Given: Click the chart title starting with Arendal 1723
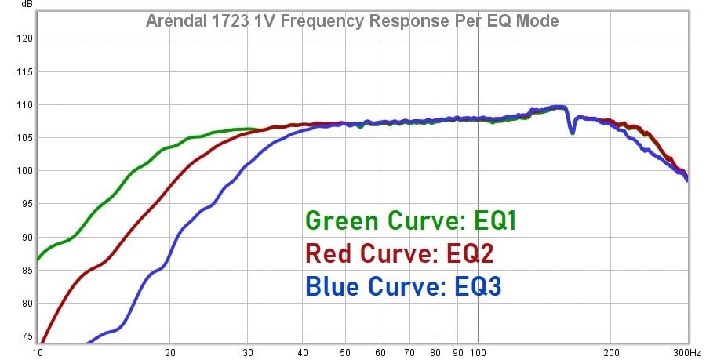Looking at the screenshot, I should pos(352,20).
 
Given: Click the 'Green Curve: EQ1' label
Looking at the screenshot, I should pos(410,221).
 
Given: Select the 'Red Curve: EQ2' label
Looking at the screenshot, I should pos(399,254).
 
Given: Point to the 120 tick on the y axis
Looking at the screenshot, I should pos(24,38).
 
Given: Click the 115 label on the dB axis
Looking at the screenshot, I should pos(24,71).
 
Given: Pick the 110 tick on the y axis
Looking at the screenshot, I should pos(24,104).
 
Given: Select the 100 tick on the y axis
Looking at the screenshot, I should pos(24,171).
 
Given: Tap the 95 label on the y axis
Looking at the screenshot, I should pos(25,204).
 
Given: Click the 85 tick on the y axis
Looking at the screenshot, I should pos(25,270).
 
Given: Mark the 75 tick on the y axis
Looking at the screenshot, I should pos(25,336).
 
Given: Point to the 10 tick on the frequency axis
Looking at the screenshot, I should pos(37,352).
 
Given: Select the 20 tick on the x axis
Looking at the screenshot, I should pos(169,352).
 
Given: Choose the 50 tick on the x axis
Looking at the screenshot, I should pos(345,352).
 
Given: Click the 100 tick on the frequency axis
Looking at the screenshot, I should pos(479,352).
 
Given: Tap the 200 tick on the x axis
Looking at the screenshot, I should pos(611,352).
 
